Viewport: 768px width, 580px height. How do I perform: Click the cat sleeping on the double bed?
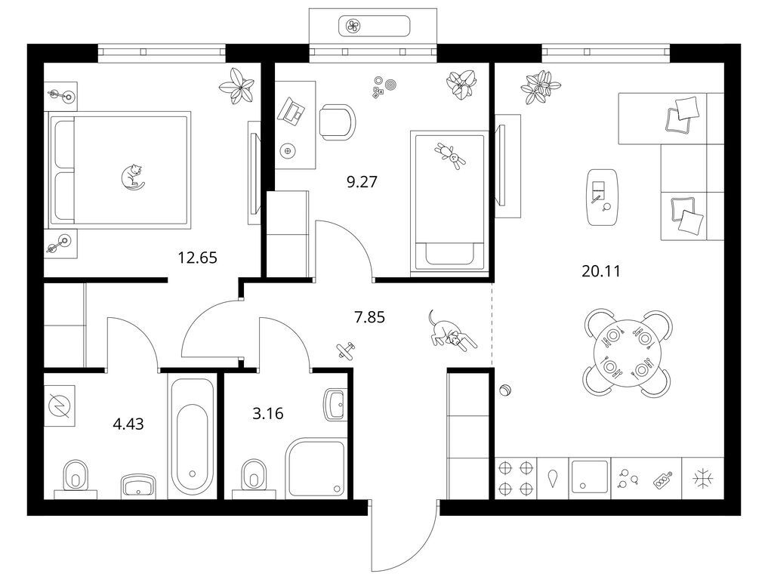(x=131, y=177)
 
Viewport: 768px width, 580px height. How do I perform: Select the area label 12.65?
(x=197, y=258)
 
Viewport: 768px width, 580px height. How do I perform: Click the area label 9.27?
(x=362, y=182)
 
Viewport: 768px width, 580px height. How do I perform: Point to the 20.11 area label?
(x=601, y=271)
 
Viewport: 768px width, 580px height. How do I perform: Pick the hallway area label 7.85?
(x=369, y=317)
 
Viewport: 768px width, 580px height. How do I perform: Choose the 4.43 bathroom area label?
(x=128, y=423)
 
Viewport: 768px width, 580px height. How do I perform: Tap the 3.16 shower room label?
(x=268, y=414)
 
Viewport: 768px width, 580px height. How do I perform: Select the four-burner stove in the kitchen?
(x=516, y=478)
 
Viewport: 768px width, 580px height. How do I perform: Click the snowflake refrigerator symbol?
(x=703, y=478)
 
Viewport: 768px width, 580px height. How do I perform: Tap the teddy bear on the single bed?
(x=450, y=155)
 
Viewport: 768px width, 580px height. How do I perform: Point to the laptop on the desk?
(x=291, y=111)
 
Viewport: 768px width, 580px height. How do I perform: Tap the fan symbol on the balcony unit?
(x=353, y=26)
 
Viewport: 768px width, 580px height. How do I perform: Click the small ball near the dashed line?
(x=505, y=391)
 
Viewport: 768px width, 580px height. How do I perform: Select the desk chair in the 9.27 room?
(x=337, y=122)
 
